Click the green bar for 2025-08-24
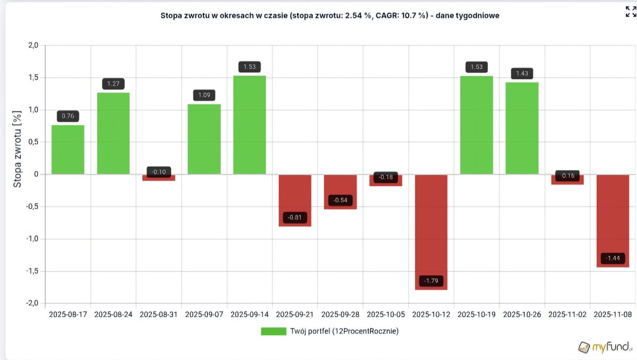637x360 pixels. point(113,133)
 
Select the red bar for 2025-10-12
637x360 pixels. point(431,232)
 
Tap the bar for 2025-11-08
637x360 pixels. point(613,221)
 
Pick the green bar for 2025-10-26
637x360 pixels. point(522,128)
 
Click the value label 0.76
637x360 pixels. point(68,116)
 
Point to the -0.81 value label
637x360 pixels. point(295,218)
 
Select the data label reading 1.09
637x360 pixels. point(204,95)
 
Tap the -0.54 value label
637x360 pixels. point(340,200)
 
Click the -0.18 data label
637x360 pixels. point(385,177)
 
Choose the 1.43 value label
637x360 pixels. point(522,73)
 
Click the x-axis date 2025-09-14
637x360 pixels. point(249,314)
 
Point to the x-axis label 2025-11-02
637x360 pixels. point(567,314)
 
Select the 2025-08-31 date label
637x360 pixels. point(158,314)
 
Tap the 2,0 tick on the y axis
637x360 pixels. point(33,45)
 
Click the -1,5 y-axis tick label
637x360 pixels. point(32,271)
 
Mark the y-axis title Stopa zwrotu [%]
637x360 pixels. point(18,149)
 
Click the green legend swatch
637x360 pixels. point(273,331)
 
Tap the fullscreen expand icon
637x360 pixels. point(631,12)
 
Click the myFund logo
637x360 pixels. point(606,347)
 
